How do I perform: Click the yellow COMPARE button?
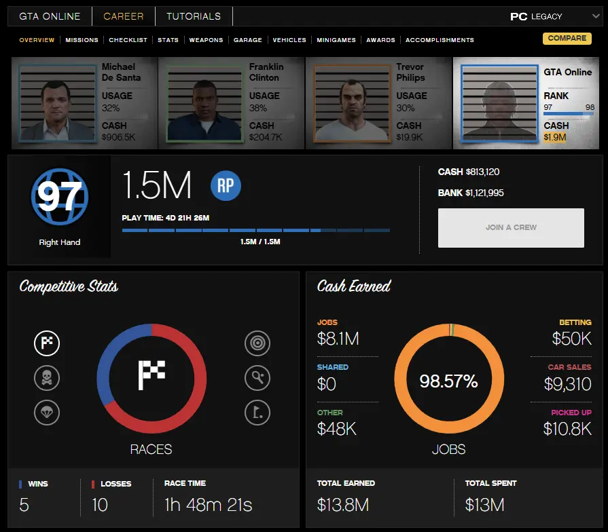[567, 39]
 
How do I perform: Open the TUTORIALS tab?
[194, 16]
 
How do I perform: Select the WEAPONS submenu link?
[206, 40]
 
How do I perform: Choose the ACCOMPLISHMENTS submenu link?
[440, 40]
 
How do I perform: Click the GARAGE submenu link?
[248, 40]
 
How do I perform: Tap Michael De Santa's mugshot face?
[57, 104]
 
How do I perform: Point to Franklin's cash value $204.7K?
[266, 137]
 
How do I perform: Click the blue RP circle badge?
[226, 185]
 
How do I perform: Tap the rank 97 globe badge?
[60, 197]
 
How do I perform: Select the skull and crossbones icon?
[47, 378]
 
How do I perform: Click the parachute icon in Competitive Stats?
[47, 412]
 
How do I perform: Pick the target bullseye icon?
[257, 343]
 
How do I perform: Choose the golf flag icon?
[257, 412]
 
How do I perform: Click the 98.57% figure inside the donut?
[448, 381]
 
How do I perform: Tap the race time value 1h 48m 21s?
[208, 505]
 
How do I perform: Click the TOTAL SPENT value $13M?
[484, 505]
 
